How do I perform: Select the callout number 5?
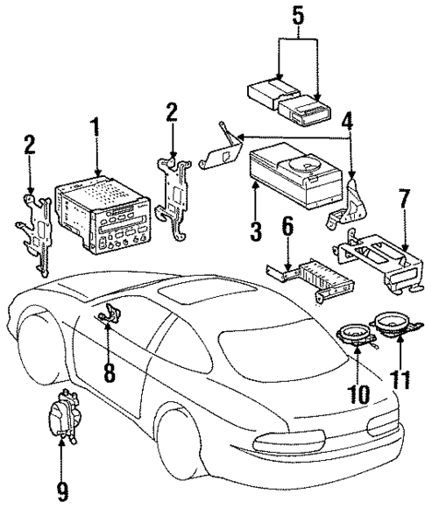(297, 15)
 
